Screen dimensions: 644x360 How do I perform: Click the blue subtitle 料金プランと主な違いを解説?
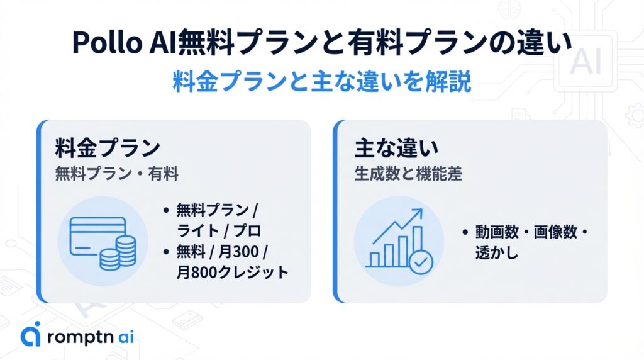(x=322, y=81)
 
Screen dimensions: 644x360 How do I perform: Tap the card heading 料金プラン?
(x=108, y=148)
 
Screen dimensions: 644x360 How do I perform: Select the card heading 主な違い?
(x=396, y=148)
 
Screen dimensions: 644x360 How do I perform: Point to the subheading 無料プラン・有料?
(x=117, y=174)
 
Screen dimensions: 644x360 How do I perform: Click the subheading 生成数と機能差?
(x=408, y=174)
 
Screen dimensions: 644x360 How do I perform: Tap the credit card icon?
(x=97, y=236)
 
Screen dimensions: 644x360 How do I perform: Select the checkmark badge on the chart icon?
(x=421, y=262)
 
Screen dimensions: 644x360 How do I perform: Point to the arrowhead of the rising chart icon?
(x=418, y=213)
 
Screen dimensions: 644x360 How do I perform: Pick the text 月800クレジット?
(x=233, y=272)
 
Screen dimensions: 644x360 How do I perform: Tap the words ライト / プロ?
(x=219, y=230)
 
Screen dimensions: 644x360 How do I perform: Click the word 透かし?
(x=497, y=252)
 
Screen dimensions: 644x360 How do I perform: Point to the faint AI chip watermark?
(x=586, y=62)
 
